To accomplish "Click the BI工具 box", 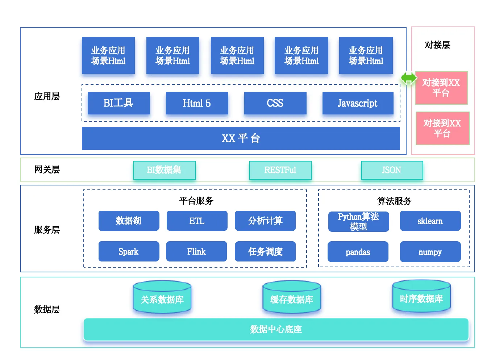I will tap(118, 103).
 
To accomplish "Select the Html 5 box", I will tap(197, 103).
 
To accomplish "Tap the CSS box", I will tap(275, 103).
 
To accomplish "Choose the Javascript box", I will tap(358, 103).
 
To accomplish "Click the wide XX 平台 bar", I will tap(241, 138).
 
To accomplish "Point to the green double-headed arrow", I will tap(408, 78).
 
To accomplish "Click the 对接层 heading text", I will tap(437, 45).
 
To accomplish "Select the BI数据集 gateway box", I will tap(164, 170).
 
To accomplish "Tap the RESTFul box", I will tap(280, 170).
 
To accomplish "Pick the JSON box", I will tap(392, 170).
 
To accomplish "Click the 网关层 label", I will tap(47, 169).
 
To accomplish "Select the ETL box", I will tap(197, 221).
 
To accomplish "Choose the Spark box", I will tap(129, 251).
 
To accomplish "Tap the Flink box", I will tap(196, 251).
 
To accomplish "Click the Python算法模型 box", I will tap(358, 221).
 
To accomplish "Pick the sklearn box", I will tap(430, 221).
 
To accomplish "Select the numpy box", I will tap(430, 252).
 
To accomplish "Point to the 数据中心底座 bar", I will tap(276, 329).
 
